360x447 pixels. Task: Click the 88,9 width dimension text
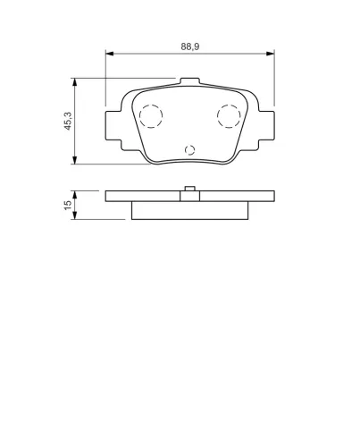pyautogui.click(x=190, y=46)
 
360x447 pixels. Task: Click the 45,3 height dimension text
pyautogui.click(x=68, y=121)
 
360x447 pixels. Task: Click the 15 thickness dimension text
pyautogui.click(x=68, y=205)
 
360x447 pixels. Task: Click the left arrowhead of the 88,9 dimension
pyautogui.click(x=110, y=54)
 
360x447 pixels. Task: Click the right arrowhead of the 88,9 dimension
pyautogui.click(x=271, y=54)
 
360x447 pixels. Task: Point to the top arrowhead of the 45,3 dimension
pyautogui.click(x=75, y=82)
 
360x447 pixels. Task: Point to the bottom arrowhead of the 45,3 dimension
pyautogui.click(x=75, y=160)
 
